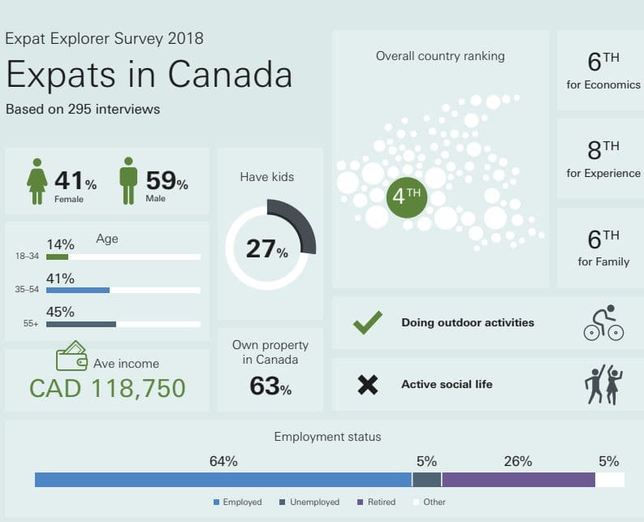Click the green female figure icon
(37, 181)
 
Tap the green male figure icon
(128, 181)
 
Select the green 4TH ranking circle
(407, 197)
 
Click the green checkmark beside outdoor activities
(367, 322)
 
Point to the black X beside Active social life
(368, 385)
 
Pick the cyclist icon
(603, 322)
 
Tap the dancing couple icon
(603, 385)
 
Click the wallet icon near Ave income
(72, 356)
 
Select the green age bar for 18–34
(57, 257)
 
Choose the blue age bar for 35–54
(78, 291)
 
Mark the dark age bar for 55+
(81, 325)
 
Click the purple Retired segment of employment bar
(518, 480)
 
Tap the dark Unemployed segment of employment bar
(426, 480)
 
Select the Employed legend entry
(238, 502)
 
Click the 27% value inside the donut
(267, 249)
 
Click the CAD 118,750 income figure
(108, 388)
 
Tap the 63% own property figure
(270, 386)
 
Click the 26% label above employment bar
(518, 461)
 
